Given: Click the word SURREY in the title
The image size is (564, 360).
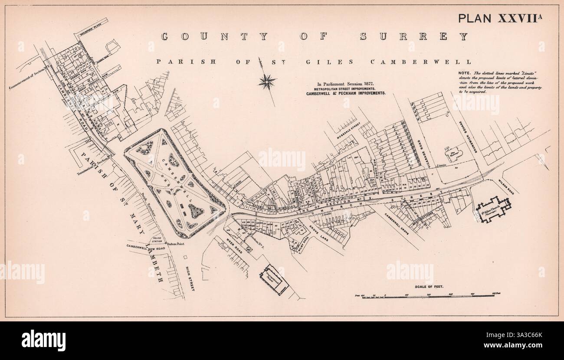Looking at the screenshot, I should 414,37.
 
